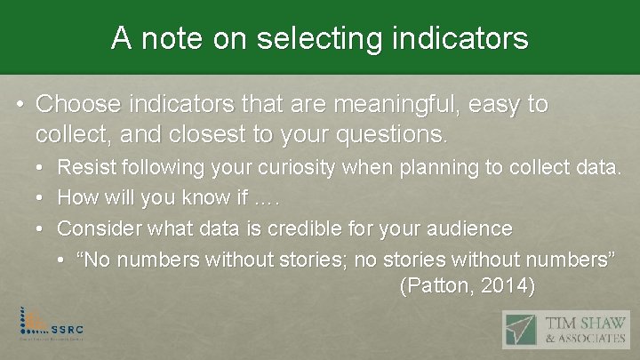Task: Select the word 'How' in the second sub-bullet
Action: click(x=75, y=197)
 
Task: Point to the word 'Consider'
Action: click(x=97, y=228)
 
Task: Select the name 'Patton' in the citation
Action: click(x=432, y=286)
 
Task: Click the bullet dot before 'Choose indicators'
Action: click(x=20, y=105)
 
